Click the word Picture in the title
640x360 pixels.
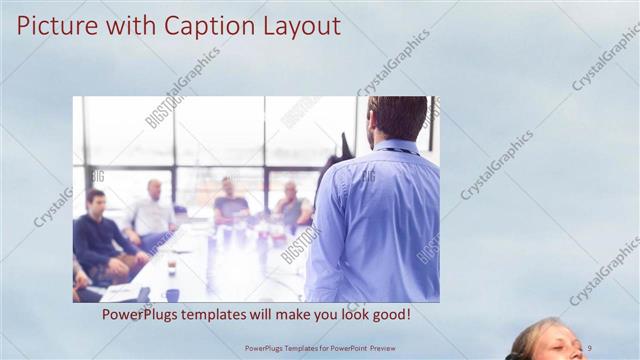[51, 25]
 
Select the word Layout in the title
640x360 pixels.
[296, 25]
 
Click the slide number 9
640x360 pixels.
[589, 348]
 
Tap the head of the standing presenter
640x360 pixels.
[397, 118]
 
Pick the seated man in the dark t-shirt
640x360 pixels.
[230, 203]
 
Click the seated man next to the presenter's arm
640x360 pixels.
[292, 207]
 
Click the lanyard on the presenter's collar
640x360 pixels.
[396, 152]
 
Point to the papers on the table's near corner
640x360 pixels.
[120, 292]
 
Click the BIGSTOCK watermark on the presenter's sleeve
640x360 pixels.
[428, 246]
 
